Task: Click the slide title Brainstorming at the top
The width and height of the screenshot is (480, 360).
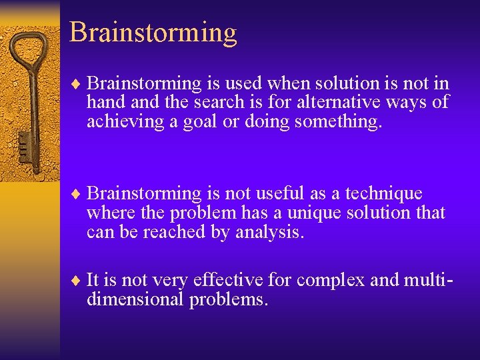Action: coord(153,32)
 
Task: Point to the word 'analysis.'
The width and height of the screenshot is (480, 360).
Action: coord(269,233)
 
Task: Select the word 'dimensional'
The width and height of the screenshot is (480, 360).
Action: coord(135,299)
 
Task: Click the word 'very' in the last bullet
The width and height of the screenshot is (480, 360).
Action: coord(161,281)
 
